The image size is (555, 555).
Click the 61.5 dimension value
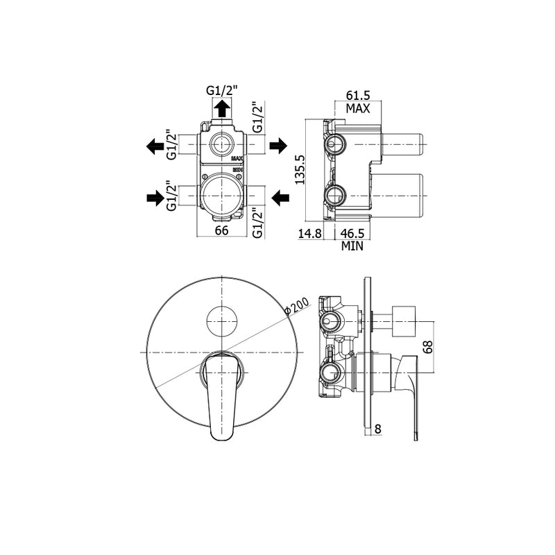tap(357, 95)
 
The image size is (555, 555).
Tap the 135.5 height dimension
tap(300, 169)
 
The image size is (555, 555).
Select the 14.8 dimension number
tap(309, 234)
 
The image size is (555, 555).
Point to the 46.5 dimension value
tap(352, 234)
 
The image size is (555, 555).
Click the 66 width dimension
tap(221, 230)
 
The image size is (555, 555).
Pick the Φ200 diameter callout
tap(298, 305)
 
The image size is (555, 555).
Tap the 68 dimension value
tap(428, 347)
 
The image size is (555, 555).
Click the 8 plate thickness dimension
tap(378, 429)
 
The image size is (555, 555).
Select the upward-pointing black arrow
tap(222, 108)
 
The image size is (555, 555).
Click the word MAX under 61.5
tap(358, 108)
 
